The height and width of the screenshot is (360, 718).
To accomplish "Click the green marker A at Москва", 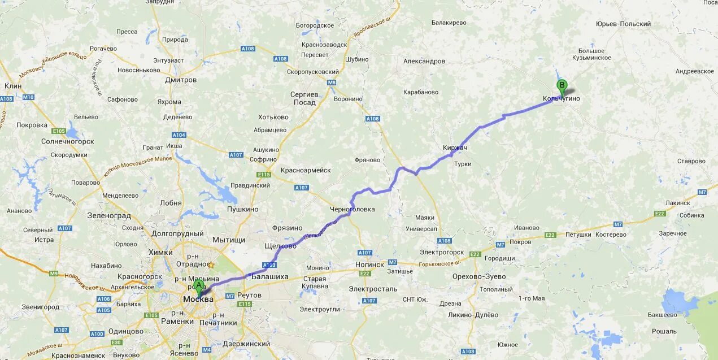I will tap(198, 286).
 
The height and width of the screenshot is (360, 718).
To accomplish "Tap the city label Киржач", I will tap(455, 148).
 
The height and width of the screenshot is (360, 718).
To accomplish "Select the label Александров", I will tap(424, 61).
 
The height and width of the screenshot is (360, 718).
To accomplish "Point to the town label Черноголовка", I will tap(353, 209).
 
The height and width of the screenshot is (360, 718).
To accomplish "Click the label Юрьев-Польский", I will tap(623, 24).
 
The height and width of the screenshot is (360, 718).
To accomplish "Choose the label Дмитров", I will tap(181, 80).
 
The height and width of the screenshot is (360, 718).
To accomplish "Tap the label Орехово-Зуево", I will tap(479, 276).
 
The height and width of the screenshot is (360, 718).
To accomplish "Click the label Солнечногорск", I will tap(67, 141).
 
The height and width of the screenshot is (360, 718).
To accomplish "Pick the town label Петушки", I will tap(578, 235).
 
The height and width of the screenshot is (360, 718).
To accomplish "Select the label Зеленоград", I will tap(109, 215).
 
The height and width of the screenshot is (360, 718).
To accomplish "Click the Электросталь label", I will tap(373, 289).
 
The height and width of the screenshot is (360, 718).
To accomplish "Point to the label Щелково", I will tap(280, 246).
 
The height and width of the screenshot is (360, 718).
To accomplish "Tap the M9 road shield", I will tap(54, 274).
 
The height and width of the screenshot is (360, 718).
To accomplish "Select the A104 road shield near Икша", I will tap(179, 135).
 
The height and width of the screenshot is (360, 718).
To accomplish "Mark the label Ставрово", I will tap(691, 161).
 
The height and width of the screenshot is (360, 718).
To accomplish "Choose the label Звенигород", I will tap(40, 307).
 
